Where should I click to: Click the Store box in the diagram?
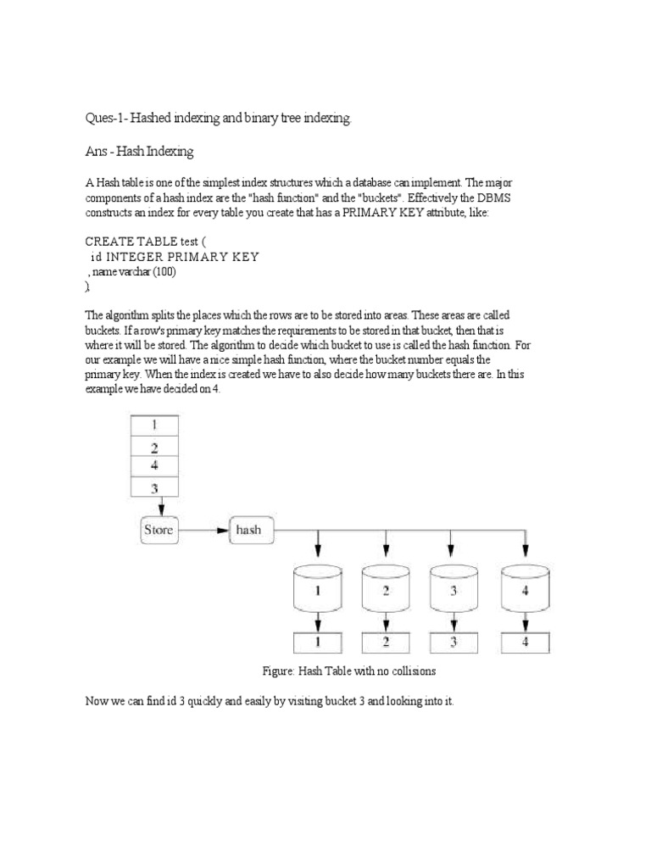(x=158, y=530)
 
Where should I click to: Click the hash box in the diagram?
(x=248, y=530)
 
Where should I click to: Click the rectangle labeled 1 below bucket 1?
(x=317, y=642)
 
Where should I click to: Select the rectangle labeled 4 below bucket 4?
(x=526, y=642)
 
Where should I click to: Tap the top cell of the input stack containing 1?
(x=153, y=426)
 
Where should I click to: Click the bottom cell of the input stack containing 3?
(x=153, y=487)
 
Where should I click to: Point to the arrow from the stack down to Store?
(x=153, y=507)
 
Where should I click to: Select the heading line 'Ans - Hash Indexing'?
(x=140, y=152)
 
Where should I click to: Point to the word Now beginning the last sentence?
(x=98, y=703)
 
